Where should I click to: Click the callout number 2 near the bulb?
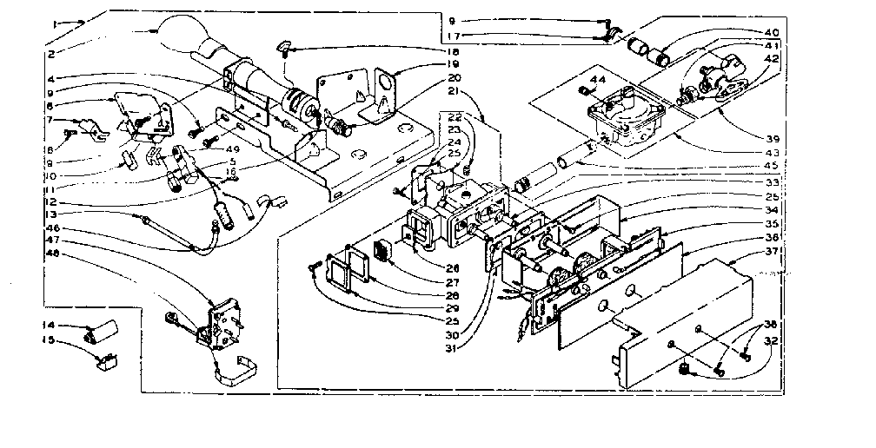tap(55, 54)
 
